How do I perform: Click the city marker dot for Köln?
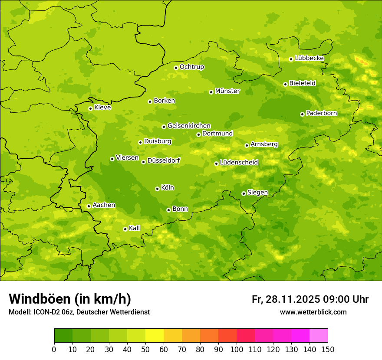(157, 189)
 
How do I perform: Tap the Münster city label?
(227, 91)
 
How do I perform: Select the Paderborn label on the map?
(321, 113)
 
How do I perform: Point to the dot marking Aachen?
(89, 206)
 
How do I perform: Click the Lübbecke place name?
(309, 58)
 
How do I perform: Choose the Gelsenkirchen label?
(189, 126)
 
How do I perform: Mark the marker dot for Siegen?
(244, 193)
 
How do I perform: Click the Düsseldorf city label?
(164, 160)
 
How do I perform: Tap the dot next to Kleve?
(90, 108)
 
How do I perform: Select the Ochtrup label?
(191, 67)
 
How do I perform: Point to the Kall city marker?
(125, 229)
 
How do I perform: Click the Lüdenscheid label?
(239, 163)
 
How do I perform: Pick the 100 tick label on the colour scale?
(237, 349)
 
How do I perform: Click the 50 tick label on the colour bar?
(145, 349)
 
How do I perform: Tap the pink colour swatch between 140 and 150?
(319, 336)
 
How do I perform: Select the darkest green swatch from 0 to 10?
(63, 336)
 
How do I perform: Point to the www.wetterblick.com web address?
(313, 312)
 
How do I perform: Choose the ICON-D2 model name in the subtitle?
(47, 312)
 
